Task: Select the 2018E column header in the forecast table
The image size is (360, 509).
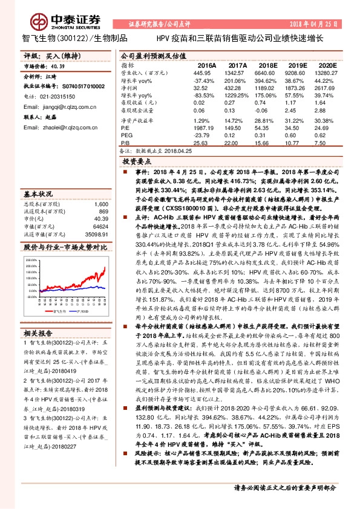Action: tap(267, 65)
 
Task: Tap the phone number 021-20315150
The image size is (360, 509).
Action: tap(57, 96)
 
